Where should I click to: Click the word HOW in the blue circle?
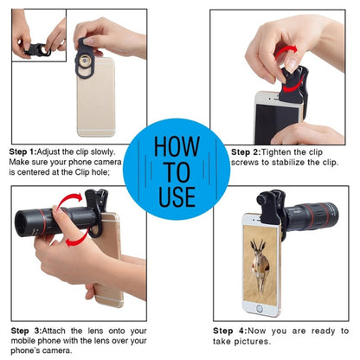click(177, 146)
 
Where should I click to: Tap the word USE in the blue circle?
click(177, 196)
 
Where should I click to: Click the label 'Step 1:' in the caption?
click(23, 151)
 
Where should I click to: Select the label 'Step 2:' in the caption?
click(246, 152)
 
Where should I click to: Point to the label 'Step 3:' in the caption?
click(27, 331)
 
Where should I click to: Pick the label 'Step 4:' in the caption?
click(230, 331)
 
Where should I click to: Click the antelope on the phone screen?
click(260, 265)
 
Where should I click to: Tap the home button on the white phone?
click(260, 309)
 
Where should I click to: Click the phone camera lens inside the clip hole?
click(85, 61)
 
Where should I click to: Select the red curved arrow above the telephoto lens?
click(67, 199)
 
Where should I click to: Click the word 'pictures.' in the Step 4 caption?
click(253, 342)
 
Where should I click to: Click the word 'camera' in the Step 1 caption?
click(108, 162)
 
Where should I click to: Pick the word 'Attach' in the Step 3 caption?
click(54, 331)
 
